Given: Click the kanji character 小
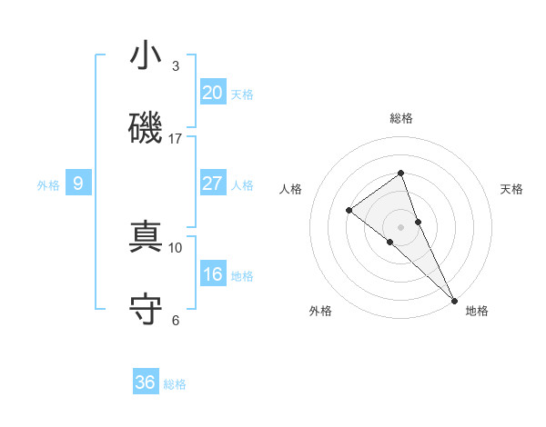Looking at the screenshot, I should click(x=146, y=55).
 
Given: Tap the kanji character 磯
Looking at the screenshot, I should click(x=146, y=128).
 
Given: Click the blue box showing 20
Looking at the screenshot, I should click(x=213, y=92).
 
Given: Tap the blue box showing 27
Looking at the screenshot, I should click(x=213, y=183).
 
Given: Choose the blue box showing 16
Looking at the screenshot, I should click(x=213, y=274).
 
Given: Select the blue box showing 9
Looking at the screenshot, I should click(x=78, y=184).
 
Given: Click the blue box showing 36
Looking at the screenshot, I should click(x=146, y=382).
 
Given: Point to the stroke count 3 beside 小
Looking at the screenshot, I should click(x=176, y=66).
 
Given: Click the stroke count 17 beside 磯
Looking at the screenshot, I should click(x=176, y=139).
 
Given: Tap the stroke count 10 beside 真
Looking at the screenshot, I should click(x=176, y=247).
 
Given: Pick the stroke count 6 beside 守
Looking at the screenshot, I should click(x=176, y=320).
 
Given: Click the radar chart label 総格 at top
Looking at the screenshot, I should click(x=400, y=119).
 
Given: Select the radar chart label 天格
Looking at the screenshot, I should click(x=512, y=189).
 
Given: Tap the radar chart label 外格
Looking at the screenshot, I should click(x=320, y=312).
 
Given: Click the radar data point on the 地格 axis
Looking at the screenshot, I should click(x=454, y=300).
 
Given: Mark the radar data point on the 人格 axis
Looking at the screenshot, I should click(x=349, y=211).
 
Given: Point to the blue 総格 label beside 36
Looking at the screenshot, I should click(x=175, y=384).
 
